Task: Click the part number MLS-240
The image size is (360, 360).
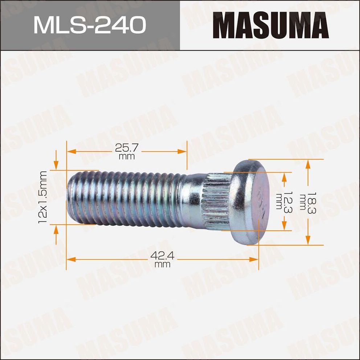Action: point(90,25)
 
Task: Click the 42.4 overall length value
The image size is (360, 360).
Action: point(162,256)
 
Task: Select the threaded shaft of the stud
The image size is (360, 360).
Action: point(127,198)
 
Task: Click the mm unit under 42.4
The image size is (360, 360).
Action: point(162,265)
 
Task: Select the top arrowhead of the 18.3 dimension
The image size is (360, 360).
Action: point(308,164)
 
